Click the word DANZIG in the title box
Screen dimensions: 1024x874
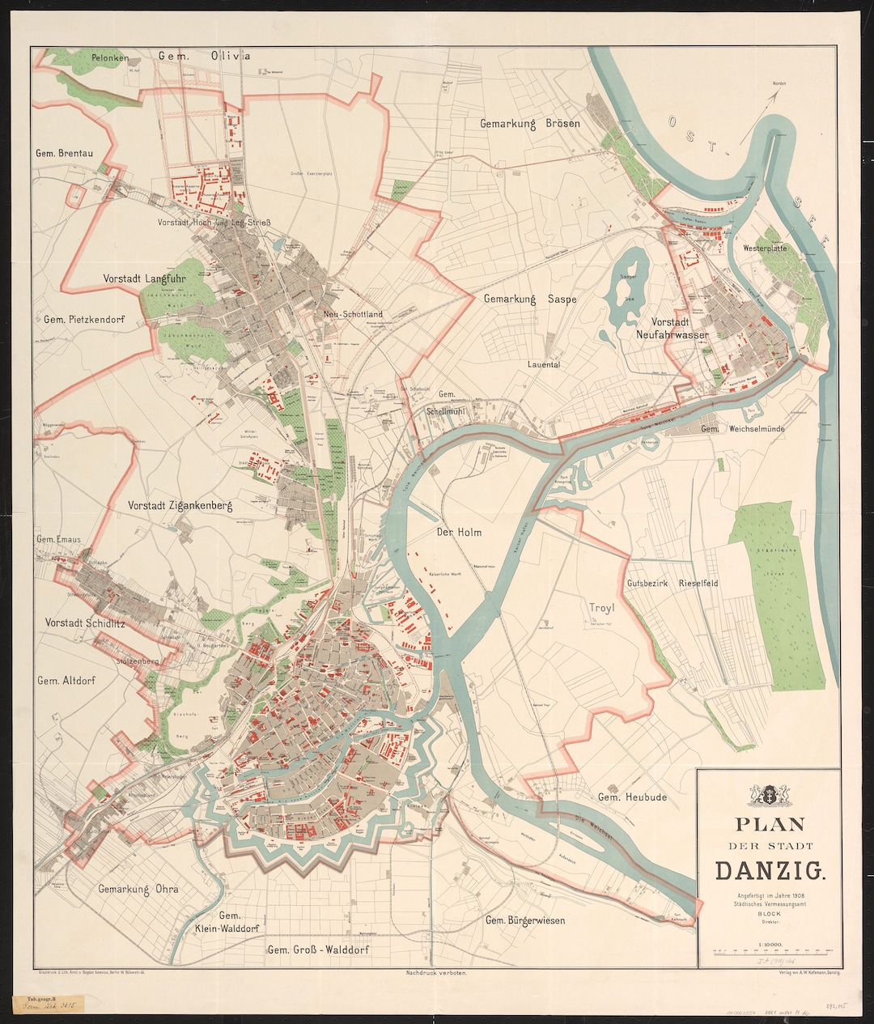click(x=770, y=870)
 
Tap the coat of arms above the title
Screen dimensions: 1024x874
click(x=769, y=794)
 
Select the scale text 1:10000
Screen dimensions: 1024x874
click(x=770, y=944)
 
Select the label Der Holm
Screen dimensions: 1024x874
click(x=459, y=532)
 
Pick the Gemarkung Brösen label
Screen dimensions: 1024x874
click(x=529, y=124)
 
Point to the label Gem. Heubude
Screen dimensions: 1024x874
click(x=632, y=797)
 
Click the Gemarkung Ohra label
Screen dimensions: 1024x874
click(x=138, y=889)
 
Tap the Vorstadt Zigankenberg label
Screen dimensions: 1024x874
click(x=180, y=505)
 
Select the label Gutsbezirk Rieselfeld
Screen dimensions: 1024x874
click(x=672, y=583)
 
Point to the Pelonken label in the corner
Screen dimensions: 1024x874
click(x=111, y=57)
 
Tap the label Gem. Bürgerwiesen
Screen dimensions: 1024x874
click(x=524, y=920)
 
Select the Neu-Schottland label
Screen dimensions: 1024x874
click(x=352, y=314)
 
